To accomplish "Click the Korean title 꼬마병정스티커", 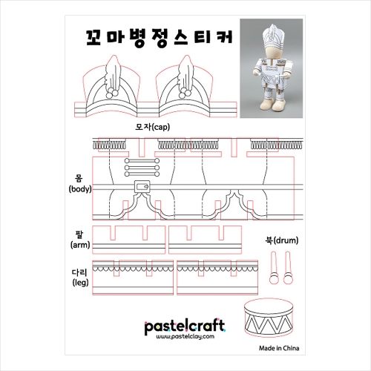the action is pyautogui.click(x=160, y=39).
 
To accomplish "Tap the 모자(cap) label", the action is pyautogui.click(x=153, y=127).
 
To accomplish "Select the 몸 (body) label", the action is pyautogui.click(x=80, y=183).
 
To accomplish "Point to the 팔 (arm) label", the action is pyautogui.click(x=80, y=240).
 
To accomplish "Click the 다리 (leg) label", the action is pyautogui.click(x=80, y=278).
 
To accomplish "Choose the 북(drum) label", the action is pyautogui.click(x=282, y=240).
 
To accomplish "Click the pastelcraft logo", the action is pyautogui.click(x=185, y=326).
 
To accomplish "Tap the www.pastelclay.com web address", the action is pyautogui.click(x=185, y=337).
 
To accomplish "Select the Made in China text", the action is pyautogui.click(x=279, y=348).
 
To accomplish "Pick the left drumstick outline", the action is pyautogui.click(x=274, y=268).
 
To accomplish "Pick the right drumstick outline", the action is pyautogui.click(x=288, y=268).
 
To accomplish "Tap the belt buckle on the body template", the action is pyautogui.click(x=142, y=187).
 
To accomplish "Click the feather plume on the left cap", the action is pyautogui.click(x=113, y=73).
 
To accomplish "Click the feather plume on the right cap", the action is pyautogui.click(x=186, y=73).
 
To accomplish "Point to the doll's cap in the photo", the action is pyautogui.click(x=272, y=36).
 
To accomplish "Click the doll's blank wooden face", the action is pyautogui.click(x=271, y=53).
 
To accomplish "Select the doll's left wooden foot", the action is pyautogui.click(x=266, y=105).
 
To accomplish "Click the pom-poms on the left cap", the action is pyautogui.click(x=112, y=93).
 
